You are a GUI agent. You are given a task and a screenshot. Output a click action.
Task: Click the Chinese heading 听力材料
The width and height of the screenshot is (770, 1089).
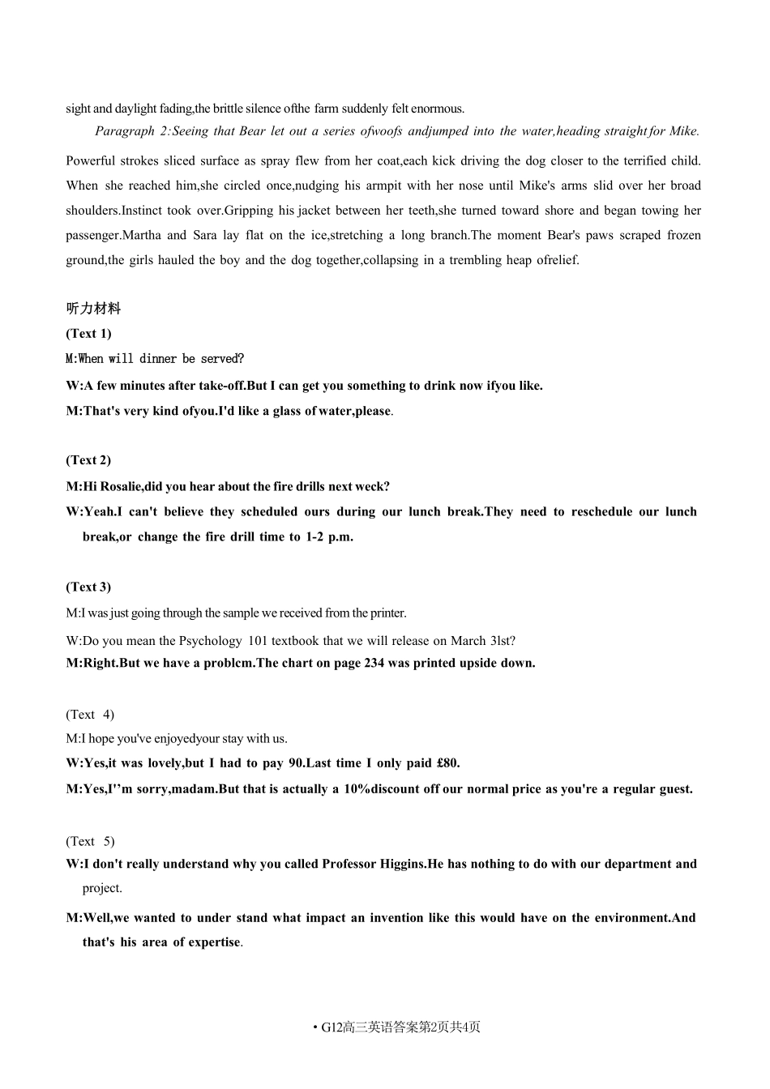point(93,309)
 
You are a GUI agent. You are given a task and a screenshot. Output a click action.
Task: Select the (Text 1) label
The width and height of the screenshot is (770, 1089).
point(88,334)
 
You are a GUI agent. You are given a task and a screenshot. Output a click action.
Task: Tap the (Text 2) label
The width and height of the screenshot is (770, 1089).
point(88,460)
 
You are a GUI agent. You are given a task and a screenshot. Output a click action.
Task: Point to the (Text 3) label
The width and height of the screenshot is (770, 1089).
point(88,587)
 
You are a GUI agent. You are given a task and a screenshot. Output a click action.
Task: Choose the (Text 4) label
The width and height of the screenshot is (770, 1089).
point(90,715)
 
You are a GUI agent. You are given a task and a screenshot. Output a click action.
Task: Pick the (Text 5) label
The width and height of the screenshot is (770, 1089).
point(90,841)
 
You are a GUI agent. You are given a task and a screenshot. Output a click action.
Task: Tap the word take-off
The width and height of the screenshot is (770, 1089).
point(216,386)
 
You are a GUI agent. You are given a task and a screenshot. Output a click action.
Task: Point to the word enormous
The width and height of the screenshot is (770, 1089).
point(437,109)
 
